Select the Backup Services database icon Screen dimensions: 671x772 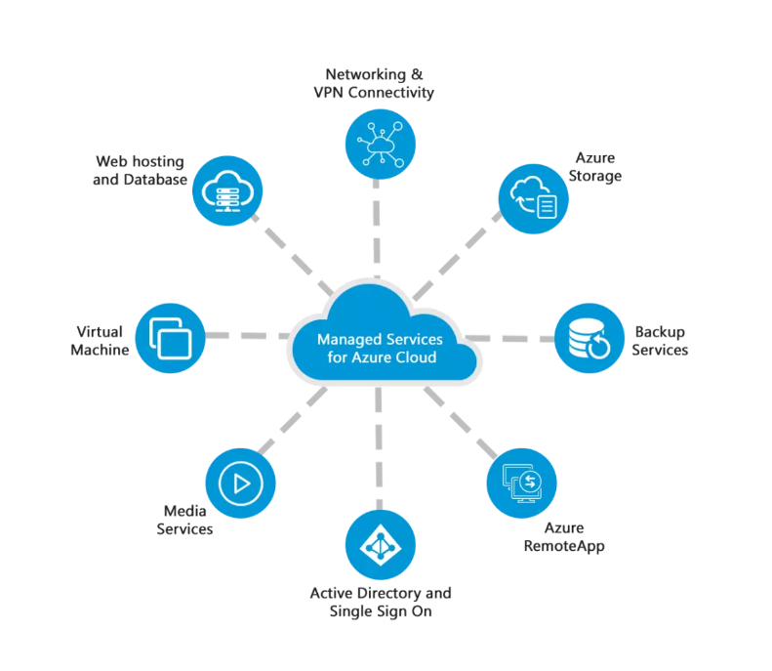coord(589,339)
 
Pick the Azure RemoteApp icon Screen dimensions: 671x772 coord(521,482)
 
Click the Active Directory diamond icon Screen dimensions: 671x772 coord(381,545)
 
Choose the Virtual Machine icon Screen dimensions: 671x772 coord(171,338)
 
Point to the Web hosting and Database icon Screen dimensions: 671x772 coord(226,189)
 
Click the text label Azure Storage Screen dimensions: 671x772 coord(597,167)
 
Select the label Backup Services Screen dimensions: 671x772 coord(660,341)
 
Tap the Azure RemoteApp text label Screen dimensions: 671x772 coord(563,537)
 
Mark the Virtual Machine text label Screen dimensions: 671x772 coord(101,341)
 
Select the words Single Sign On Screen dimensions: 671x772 coord(381,611)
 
